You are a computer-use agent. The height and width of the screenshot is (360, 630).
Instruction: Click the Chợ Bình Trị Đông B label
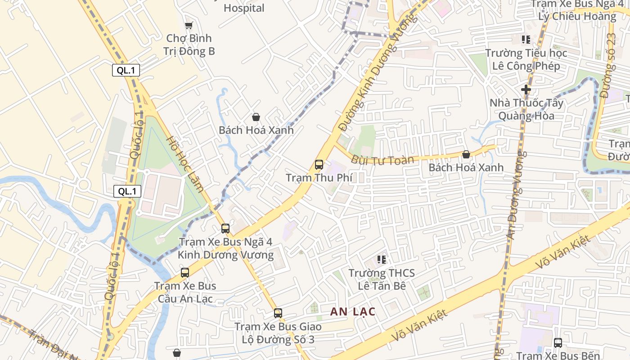tap(189, 45)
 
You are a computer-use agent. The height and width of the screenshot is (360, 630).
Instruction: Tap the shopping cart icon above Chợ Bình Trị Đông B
tap(189, 26)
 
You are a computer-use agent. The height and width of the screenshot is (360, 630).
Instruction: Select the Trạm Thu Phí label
tap(319, 178)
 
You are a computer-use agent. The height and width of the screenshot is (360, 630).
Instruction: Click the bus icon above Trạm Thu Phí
tap(319, 165)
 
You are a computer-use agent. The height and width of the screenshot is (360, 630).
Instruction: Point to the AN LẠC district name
tap(353, 311)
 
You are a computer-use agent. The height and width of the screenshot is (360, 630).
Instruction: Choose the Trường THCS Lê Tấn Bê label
tap(382, 279)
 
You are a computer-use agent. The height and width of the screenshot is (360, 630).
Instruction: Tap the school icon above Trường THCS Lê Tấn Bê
tap(382, 260)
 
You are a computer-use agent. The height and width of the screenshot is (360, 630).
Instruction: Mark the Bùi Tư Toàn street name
tap(382, 160)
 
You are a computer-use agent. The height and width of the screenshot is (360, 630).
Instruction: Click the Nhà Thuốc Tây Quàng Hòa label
tap(526, 109)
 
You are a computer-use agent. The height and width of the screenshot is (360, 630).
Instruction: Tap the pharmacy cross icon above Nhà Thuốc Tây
tap(526, 90)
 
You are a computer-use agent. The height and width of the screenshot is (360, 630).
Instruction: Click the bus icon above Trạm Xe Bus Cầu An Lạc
tap(185, 272)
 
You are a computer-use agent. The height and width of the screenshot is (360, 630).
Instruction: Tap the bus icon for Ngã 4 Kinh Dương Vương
tap(225, 229)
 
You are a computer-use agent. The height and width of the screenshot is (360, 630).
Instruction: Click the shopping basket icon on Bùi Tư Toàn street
tap(466, 154)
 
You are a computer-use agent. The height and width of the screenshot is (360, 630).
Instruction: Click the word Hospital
tap(244, 8)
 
